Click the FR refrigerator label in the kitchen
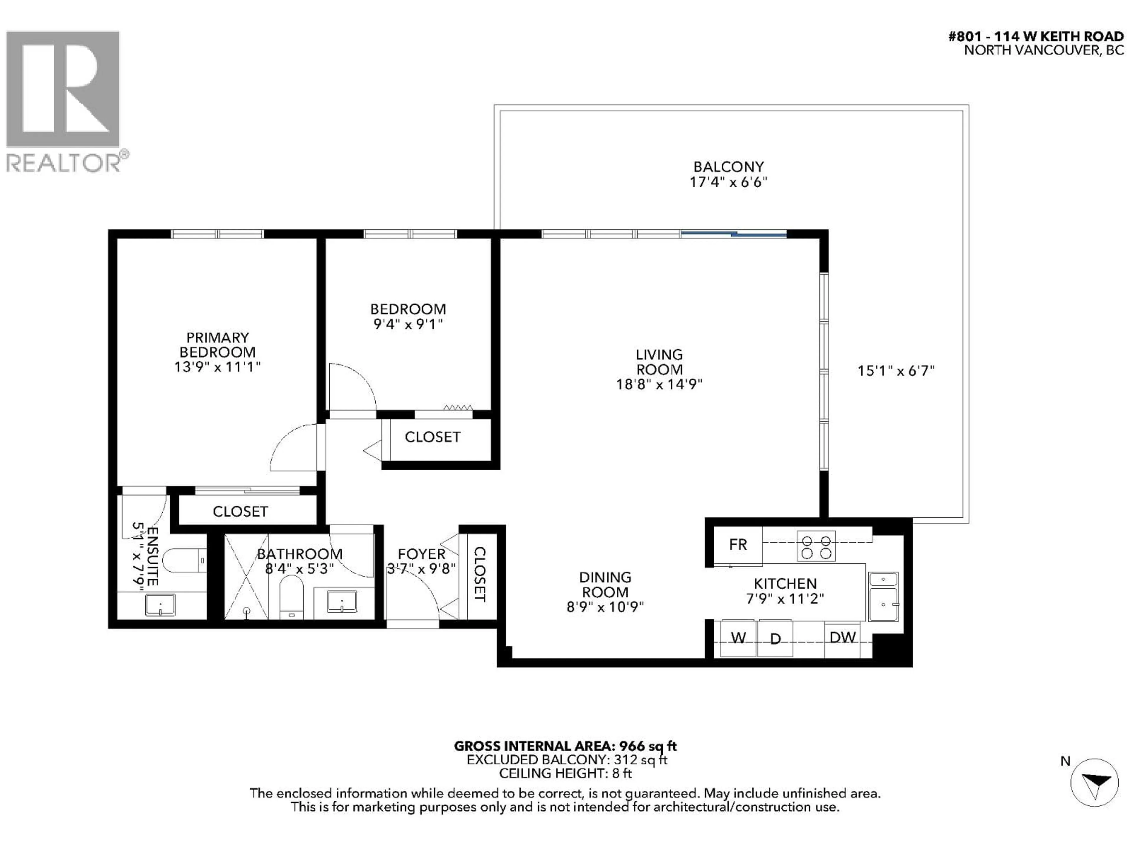(x=738, y=544)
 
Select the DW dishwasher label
(x=842, y=638)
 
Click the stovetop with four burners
(x=816, y=547)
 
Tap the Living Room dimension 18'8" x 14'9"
(x=659, y=384)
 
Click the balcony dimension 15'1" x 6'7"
(x=896, y=371)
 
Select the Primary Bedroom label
(x=218, y=345)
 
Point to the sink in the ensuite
(x=160, y=605)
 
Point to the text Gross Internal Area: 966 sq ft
(x=565, y=746)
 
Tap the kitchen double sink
(x=883, y=597)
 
